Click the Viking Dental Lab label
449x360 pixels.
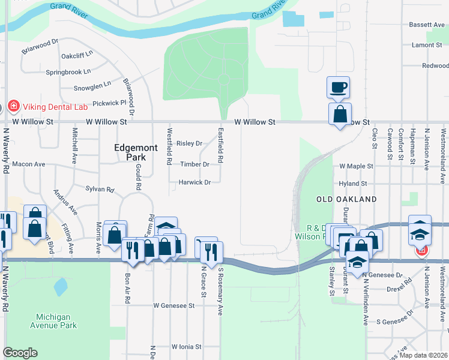click(x=55, y=107)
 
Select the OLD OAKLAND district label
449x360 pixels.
click(x=347, y=199)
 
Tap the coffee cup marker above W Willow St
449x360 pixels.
click(x=338, y=88)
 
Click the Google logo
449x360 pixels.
click(x=20, y=353)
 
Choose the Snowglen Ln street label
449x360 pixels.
click(x=92, y=86)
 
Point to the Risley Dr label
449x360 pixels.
click(x=189, y=143)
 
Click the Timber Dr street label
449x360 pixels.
click(x=194, y=164)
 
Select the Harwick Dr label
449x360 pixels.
click(x=194, y=182)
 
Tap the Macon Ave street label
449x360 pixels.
click(x=29, y=164)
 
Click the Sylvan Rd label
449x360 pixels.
click(x=100, y=190)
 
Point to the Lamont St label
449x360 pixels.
click(x=427, y=45)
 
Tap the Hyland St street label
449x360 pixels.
click(x=353, y=184)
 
